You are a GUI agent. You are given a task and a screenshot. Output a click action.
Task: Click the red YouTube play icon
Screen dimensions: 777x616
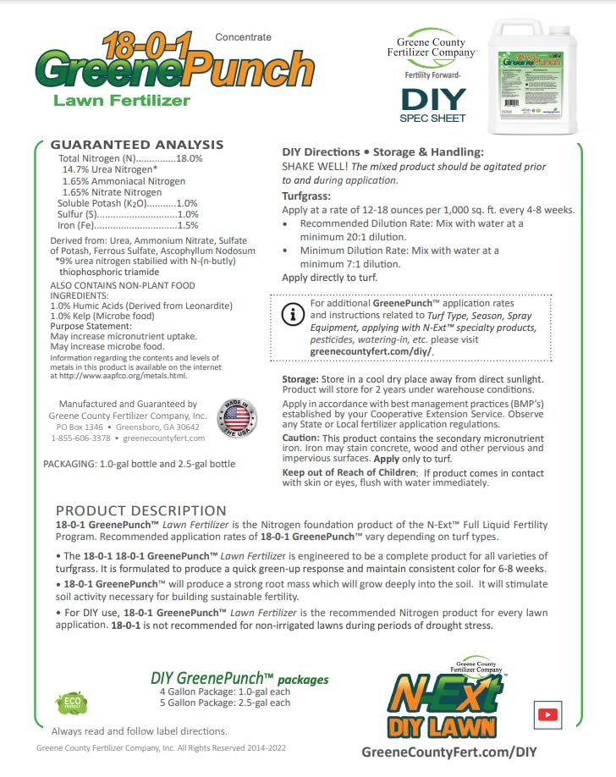coord(547,715)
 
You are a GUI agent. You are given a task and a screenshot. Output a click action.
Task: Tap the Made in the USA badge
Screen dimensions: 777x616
coord(239,418)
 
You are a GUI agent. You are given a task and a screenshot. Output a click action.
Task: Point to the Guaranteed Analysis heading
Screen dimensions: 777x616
coord(137,145)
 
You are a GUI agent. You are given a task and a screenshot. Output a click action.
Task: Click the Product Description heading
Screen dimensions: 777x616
coord(140,510)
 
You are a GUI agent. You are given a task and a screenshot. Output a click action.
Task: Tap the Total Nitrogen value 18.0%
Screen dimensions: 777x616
coord(190,159)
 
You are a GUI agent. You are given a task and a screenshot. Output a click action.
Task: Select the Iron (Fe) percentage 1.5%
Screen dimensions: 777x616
coord(188,226)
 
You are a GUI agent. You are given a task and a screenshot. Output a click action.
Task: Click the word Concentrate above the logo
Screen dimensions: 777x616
coord(244,37)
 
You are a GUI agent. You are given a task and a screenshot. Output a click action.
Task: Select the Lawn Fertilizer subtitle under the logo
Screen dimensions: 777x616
coord(122,101)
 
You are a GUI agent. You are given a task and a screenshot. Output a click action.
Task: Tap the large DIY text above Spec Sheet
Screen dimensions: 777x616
coord(433,99)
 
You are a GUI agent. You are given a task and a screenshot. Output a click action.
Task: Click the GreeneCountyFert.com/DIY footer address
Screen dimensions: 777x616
coord(449,752)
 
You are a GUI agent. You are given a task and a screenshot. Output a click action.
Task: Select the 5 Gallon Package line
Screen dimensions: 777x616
coord(224,703)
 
